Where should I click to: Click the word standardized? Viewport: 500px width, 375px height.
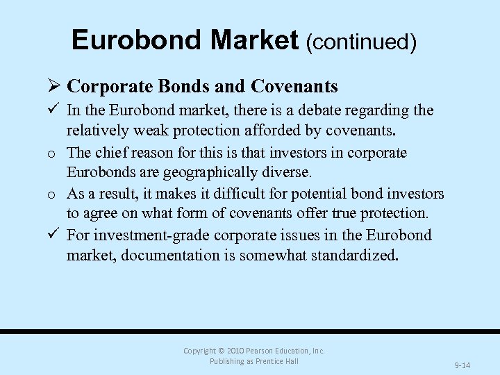pyautogui.click(x=355, y=255)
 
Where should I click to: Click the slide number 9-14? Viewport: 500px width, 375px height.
pyautogui.click(x=462, y=365)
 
